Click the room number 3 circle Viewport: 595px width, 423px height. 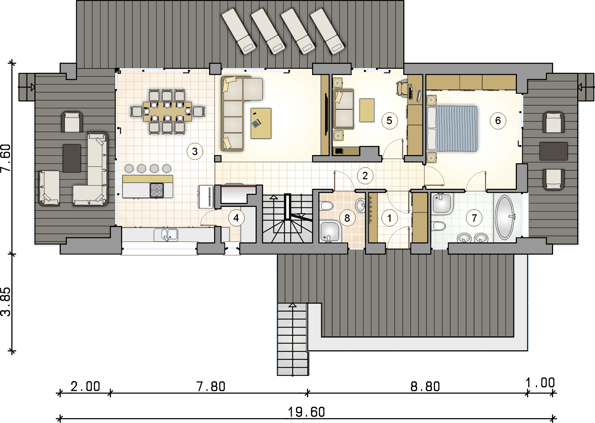click(x=195, y=152)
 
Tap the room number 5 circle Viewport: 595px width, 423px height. click(x=389, y=121)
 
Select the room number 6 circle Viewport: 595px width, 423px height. click(x=498, y=121)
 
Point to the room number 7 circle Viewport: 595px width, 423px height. click(x=474, y=218)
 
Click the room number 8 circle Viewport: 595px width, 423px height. click(x=347, y=218)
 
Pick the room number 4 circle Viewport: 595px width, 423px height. click(x=236, y=218)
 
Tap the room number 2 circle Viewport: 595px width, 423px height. click(x=365, y=176)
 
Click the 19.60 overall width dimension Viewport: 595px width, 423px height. click(x=306, y=412)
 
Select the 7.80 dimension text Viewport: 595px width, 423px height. click(x=211, y=386)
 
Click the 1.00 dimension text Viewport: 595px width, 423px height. click(x=540, y=383)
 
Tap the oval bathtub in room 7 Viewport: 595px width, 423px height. click(x=505, y=218)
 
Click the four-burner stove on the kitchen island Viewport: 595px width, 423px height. click(x=157, y=190)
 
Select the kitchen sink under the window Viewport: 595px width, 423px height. click(x=166, y=235)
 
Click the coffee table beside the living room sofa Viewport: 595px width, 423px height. click(x=261, y=123)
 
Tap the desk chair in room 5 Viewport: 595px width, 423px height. click(x=402, y=87)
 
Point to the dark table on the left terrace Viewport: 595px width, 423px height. click(x=72, y=158)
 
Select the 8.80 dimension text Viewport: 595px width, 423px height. click(x=425, y=386)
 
